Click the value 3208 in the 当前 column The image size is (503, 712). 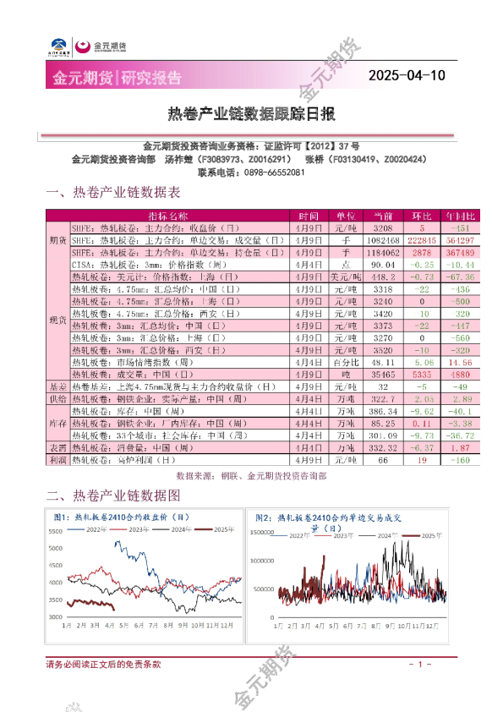coord(383,228)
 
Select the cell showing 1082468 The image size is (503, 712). coord(383,240)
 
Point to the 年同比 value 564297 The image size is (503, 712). coord(460,240)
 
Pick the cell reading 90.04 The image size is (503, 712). coord(383,265)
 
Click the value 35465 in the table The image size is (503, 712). coord(383,374)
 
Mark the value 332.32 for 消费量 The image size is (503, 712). coord(383,446)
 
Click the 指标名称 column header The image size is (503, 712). coord(167,216)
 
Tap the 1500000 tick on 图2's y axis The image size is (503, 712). coord(261,534)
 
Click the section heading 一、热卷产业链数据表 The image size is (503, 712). coord(113,193)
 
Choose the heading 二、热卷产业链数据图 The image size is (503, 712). coord(113,495)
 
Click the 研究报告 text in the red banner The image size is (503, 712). coord(151,78)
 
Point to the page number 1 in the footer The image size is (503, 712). coord(419,665)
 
